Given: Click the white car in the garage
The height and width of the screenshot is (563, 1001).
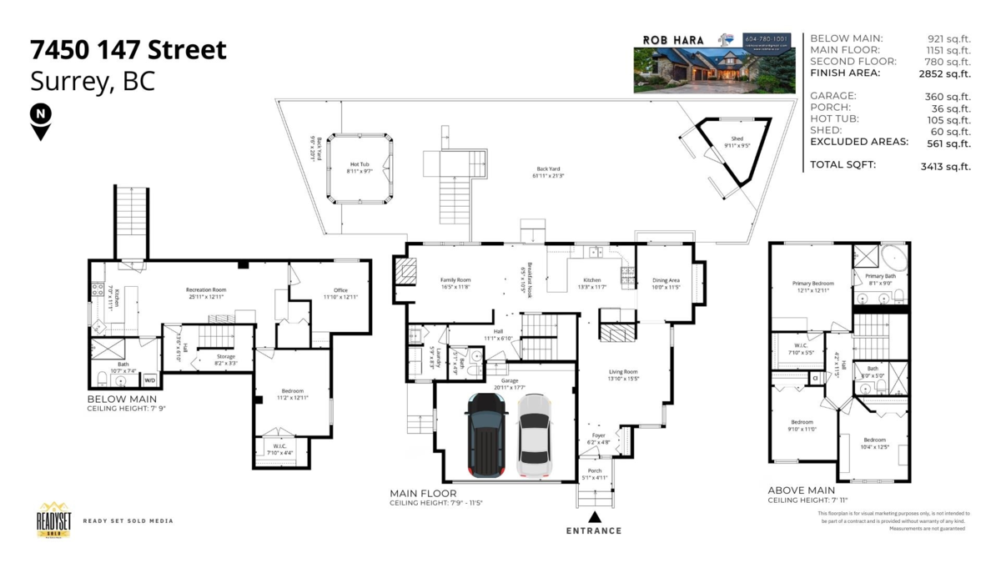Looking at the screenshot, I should [x=534, y=435].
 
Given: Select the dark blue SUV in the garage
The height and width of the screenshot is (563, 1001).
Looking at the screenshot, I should [x=485, y=435].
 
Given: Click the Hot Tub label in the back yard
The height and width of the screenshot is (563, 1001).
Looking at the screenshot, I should [x=360, y=165].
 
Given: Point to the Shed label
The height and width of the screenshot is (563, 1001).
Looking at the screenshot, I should [x=737, y=139].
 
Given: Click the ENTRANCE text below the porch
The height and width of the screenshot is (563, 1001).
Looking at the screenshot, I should [x=594, y=530].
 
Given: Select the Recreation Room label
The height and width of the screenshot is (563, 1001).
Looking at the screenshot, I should [x=206, y=290].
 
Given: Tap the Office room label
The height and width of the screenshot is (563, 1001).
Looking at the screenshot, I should [x=340, y=290].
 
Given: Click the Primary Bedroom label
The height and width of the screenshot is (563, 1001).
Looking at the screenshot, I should [x=812, y=284].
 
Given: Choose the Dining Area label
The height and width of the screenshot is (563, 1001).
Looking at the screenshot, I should [x=666, y=280].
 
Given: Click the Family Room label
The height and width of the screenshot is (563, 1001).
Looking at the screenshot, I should [x=455, y=280].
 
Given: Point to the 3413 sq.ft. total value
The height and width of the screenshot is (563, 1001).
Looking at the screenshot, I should [x=945, y=165].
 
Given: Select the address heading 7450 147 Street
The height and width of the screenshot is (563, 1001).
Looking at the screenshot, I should [x=128, y=50].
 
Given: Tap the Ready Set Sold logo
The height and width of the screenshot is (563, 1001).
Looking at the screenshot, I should [x=53, y=520].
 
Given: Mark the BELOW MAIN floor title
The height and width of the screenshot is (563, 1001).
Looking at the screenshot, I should [x=122, y=400].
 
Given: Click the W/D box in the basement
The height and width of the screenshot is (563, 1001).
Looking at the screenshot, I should [x=149, y=380].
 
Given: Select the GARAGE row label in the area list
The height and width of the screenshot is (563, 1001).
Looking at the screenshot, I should [x=832, y=96].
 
